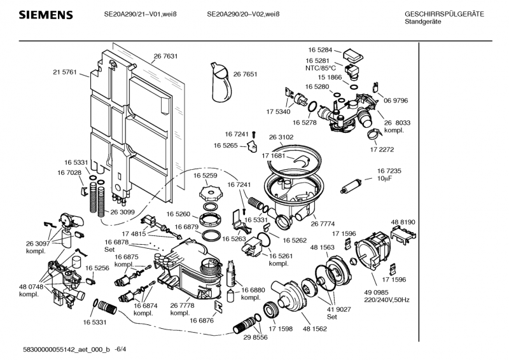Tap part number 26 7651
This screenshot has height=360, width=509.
(x=245, y=74)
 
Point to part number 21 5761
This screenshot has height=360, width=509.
(x=64, y=73)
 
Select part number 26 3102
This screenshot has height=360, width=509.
(x=281, y=137)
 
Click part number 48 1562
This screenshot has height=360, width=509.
(x=315, y=329)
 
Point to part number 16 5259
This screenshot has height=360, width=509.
(x=206, y=175)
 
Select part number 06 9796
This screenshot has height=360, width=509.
(x=395, y=100)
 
